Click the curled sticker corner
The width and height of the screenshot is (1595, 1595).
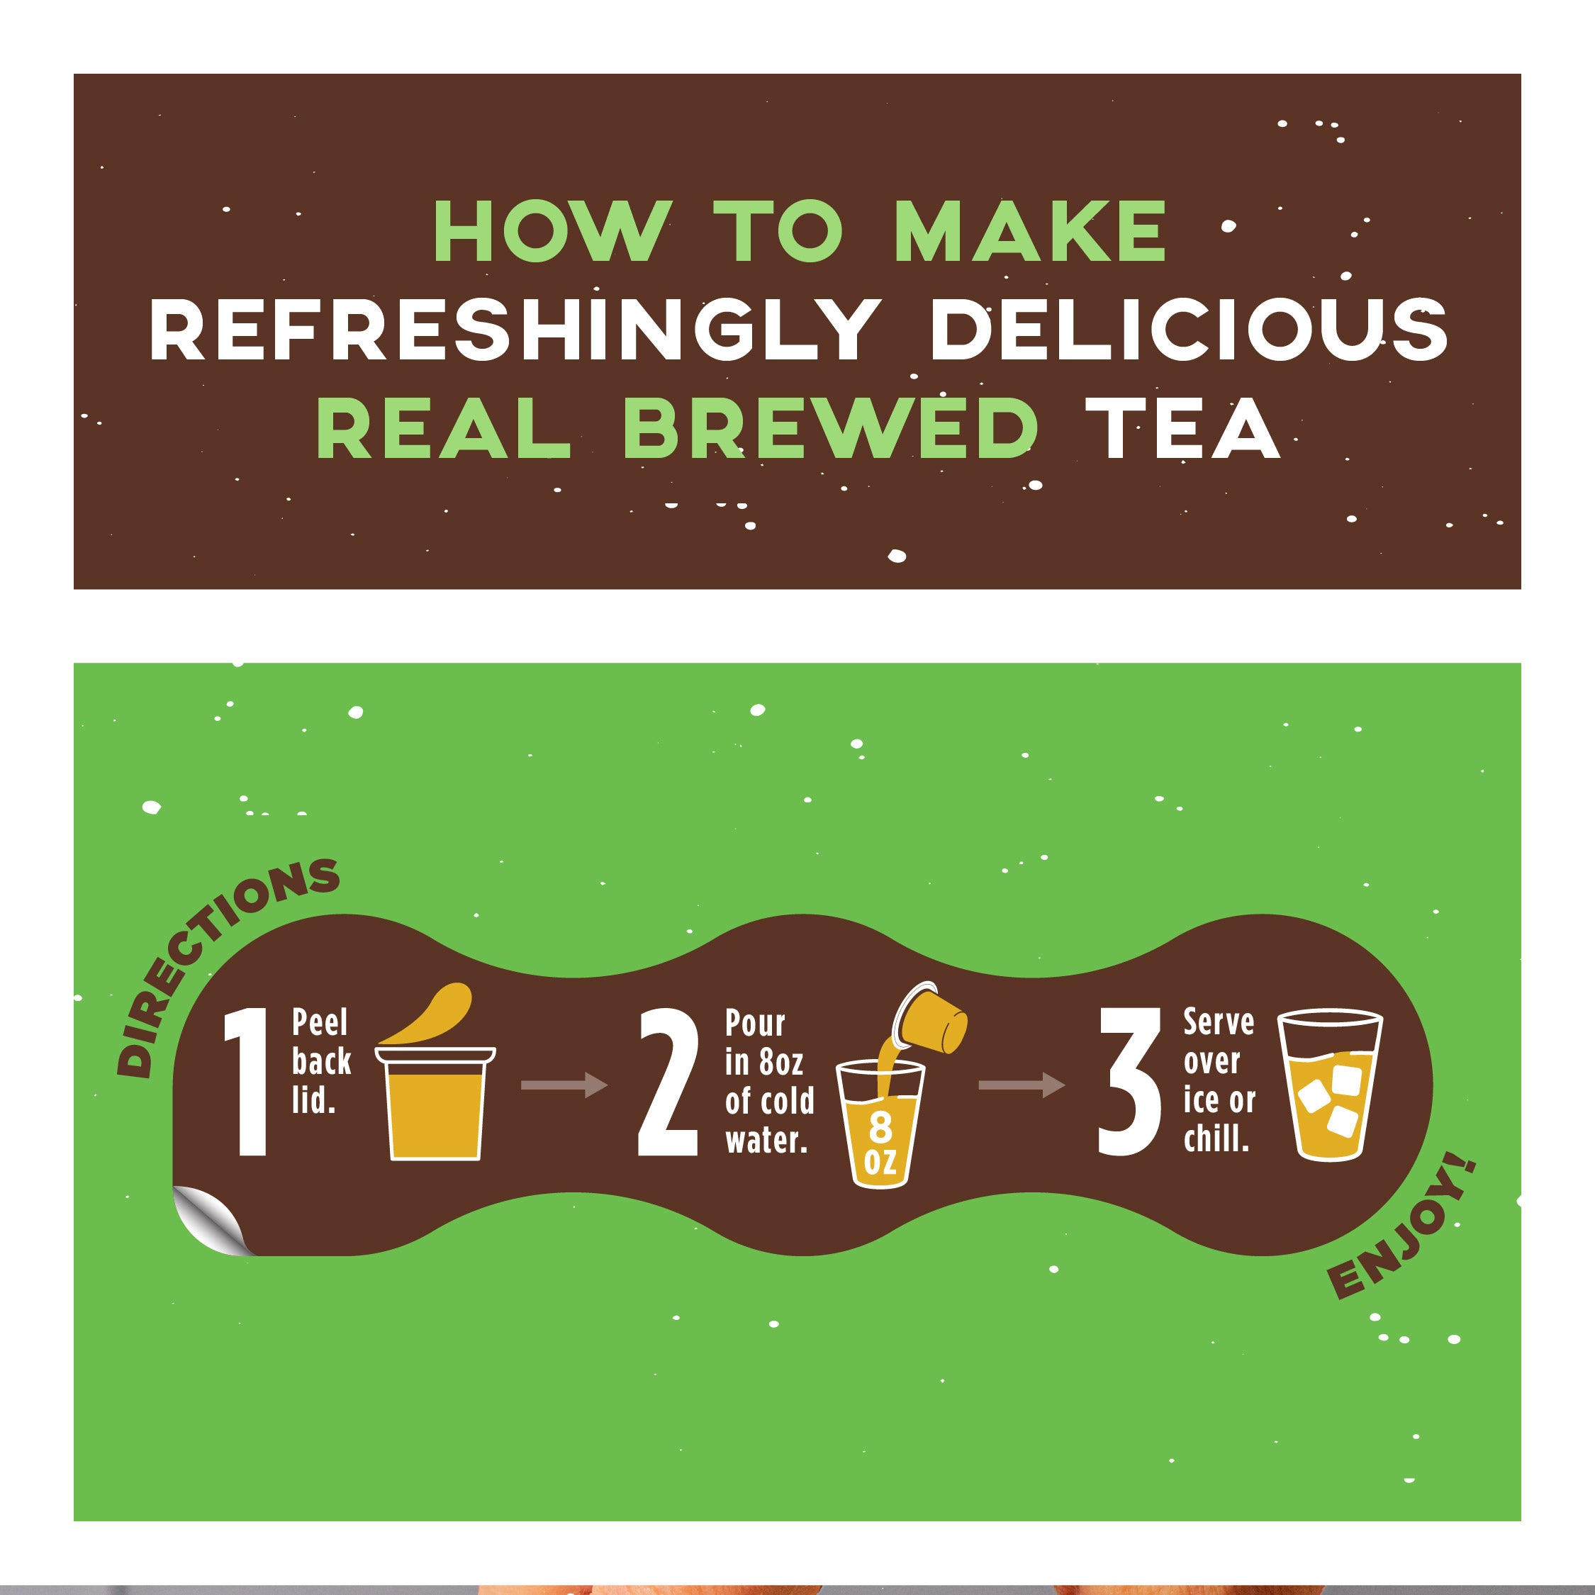coord(208,1219)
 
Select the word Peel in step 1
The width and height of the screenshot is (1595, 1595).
coord(320,1024)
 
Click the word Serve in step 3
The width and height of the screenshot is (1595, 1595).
coord(1219,1022)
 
